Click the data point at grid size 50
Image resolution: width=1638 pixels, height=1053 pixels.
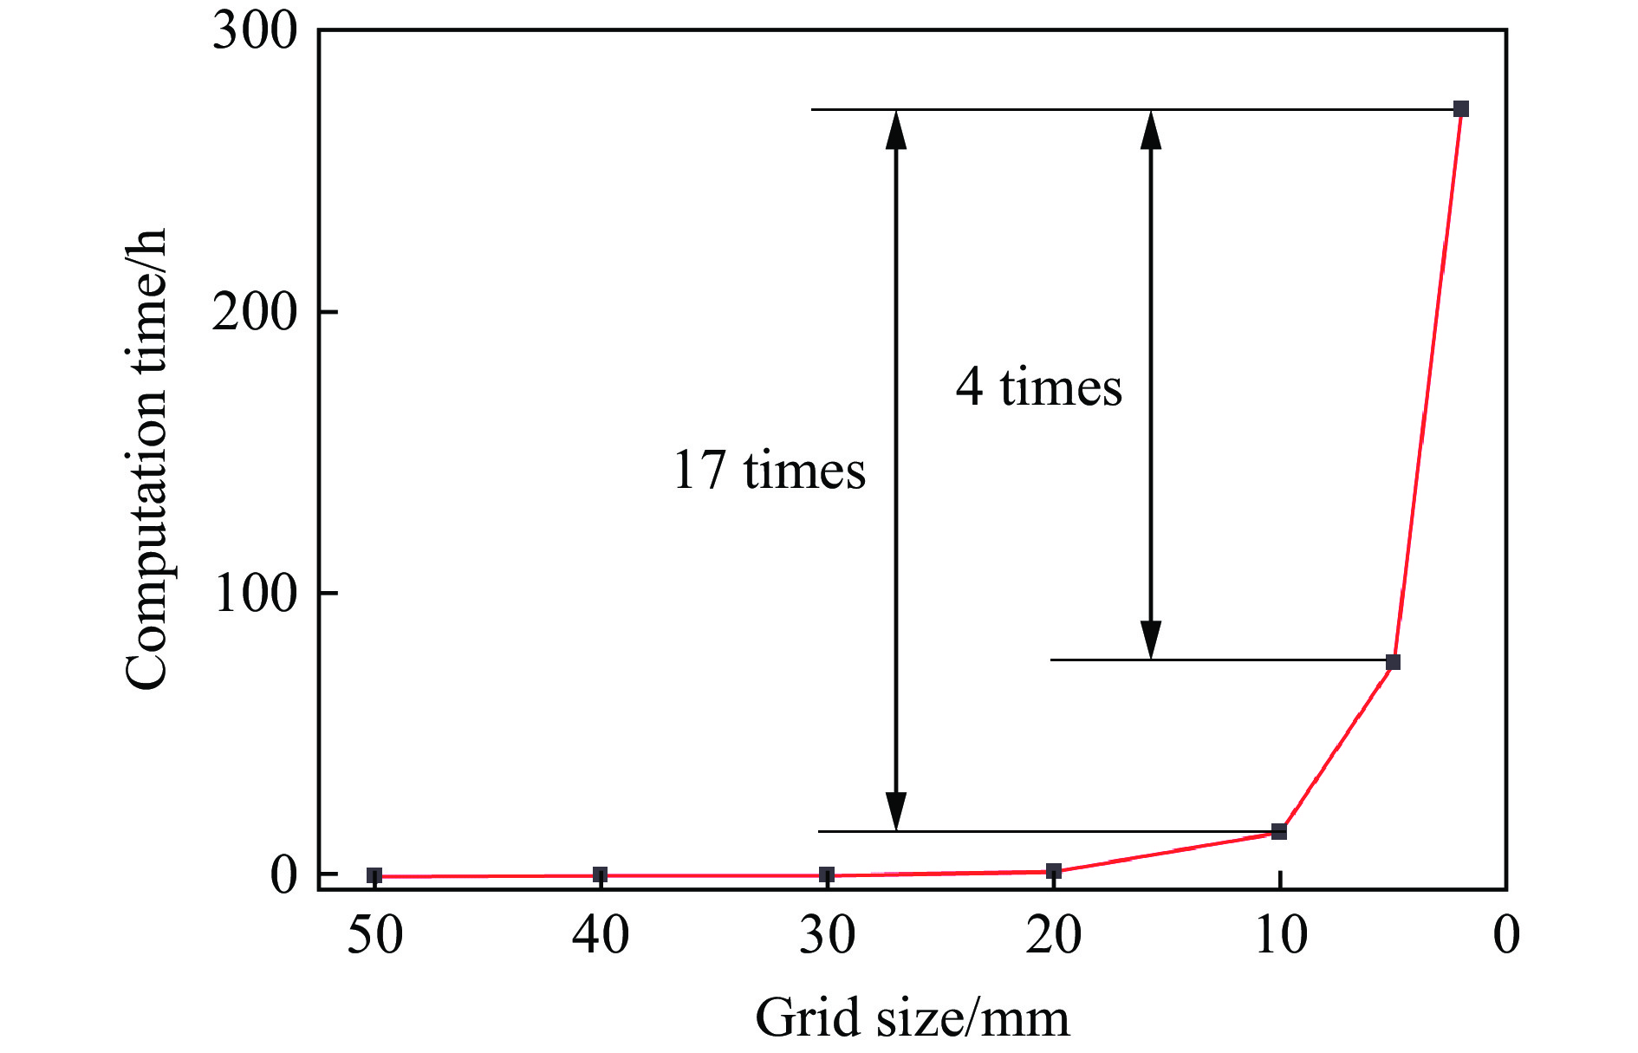point(374,875)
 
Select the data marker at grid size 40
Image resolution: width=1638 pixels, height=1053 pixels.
point(601,874)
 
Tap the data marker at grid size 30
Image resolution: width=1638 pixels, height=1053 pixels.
point(827,874)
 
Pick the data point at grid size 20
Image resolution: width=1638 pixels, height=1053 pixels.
point(1054,871)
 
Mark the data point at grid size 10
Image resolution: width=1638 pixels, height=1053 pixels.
point(1279,831)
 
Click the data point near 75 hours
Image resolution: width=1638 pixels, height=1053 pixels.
point(1393,662)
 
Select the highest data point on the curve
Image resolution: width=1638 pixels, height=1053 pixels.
point(1461,109)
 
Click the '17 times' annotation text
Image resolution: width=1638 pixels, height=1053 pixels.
point(769,471)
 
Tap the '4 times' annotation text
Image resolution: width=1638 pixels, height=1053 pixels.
point(1038,387)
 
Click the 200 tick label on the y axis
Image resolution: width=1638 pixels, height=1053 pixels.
point(255,312)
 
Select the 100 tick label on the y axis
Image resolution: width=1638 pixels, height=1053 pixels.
point(255,594)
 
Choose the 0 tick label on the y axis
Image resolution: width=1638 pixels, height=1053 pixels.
point(283,875)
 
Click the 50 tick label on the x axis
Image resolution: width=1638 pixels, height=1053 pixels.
point(374,936)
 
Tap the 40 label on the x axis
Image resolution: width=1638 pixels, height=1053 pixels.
point(601,936)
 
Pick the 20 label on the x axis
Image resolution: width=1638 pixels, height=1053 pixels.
point(1054,936)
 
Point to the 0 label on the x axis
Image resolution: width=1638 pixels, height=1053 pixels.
point(1506,936)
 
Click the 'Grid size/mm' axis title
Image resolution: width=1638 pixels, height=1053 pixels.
point(913,1017)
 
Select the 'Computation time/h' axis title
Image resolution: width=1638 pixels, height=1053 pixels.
point(146,459)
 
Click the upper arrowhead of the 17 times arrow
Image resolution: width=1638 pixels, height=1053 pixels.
point(896,128)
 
